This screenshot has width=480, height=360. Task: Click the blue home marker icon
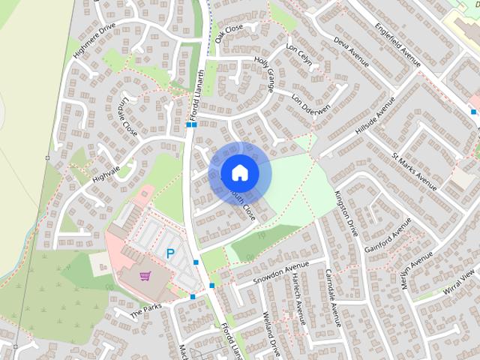click(238, 172)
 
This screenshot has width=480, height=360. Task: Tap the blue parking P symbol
click(170, 254)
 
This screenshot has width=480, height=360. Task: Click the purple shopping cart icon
click(145, 276)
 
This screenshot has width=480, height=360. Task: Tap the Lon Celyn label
click(299, 56)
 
